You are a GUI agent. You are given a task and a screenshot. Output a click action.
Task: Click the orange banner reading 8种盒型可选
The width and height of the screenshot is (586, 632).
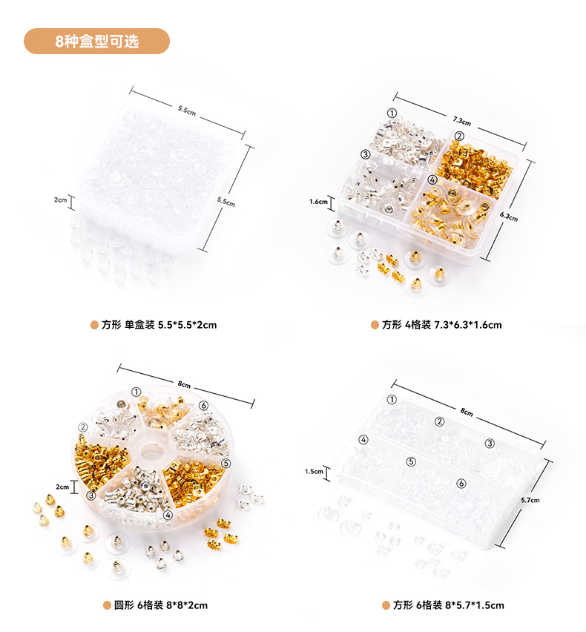pyautogui.click(x=96, y=41)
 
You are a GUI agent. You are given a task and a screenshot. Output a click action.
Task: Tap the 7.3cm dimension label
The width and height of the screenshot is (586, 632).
pyautogui.click(x=461, y=120)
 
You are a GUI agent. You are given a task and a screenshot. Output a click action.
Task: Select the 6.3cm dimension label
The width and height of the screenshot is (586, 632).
pyautogui.click(x=509, y=217)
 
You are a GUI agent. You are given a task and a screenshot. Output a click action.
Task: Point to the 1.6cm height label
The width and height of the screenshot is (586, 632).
pyautogui.click(x=318, y=202)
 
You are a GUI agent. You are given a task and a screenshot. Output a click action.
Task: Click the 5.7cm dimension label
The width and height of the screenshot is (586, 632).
pyautogui.click(x=530, y=500)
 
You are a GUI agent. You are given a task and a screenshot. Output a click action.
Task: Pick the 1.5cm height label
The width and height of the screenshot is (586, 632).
pyautogui.click(x=314, y=471)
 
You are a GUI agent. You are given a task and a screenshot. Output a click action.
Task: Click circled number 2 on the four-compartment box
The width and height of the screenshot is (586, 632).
pyautogui.click(x=459, y=136)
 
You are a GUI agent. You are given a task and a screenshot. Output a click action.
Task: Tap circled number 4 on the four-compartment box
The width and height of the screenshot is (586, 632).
pyautogui.click(x=432, y=180)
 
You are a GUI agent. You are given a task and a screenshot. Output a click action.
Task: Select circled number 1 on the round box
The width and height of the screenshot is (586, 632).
pyautogui.click(x=136, y=392)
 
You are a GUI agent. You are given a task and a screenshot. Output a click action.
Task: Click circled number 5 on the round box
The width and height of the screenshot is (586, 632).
pyautogui.click(x=225, y=463)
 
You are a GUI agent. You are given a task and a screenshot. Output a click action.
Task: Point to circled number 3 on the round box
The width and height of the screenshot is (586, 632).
pyautogui.click(x=91, y=495)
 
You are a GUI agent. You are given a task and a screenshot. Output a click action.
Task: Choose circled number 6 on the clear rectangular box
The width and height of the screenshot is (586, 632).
pyautogui.click(x=461, y=483)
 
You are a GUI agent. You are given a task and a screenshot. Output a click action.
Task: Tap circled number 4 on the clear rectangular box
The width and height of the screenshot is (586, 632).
pyautogui.click(x=363, y=440)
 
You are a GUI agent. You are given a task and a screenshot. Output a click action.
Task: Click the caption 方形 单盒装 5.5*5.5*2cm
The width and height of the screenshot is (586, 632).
pyautogui.click(x=159, y=325)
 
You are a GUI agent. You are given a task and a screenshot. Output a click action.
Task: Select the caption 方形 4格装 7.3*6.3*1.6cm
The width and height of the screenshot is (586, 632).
pyautogui.click(x=441, y=325)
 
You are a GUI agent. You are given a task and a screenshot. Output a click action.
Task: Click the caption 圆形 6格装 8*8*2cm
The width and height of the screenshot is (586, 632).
pyautogui.click(x=161, y=605)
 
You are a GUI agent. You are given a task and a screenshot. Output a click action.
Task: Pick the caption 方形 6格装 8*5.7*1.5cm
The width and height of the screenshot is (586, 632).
pyautogui.click(x=449, y=605)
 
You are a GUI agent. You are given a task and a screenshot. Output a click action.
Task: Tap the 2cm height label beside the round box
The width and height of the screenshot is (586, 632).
pyautogui.click(x=62, y=487)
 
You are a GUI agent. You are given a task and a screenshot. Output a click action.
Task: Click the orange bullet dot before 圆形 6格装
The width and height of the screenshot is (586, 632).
pyautogui.click(x=107, y=605)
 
